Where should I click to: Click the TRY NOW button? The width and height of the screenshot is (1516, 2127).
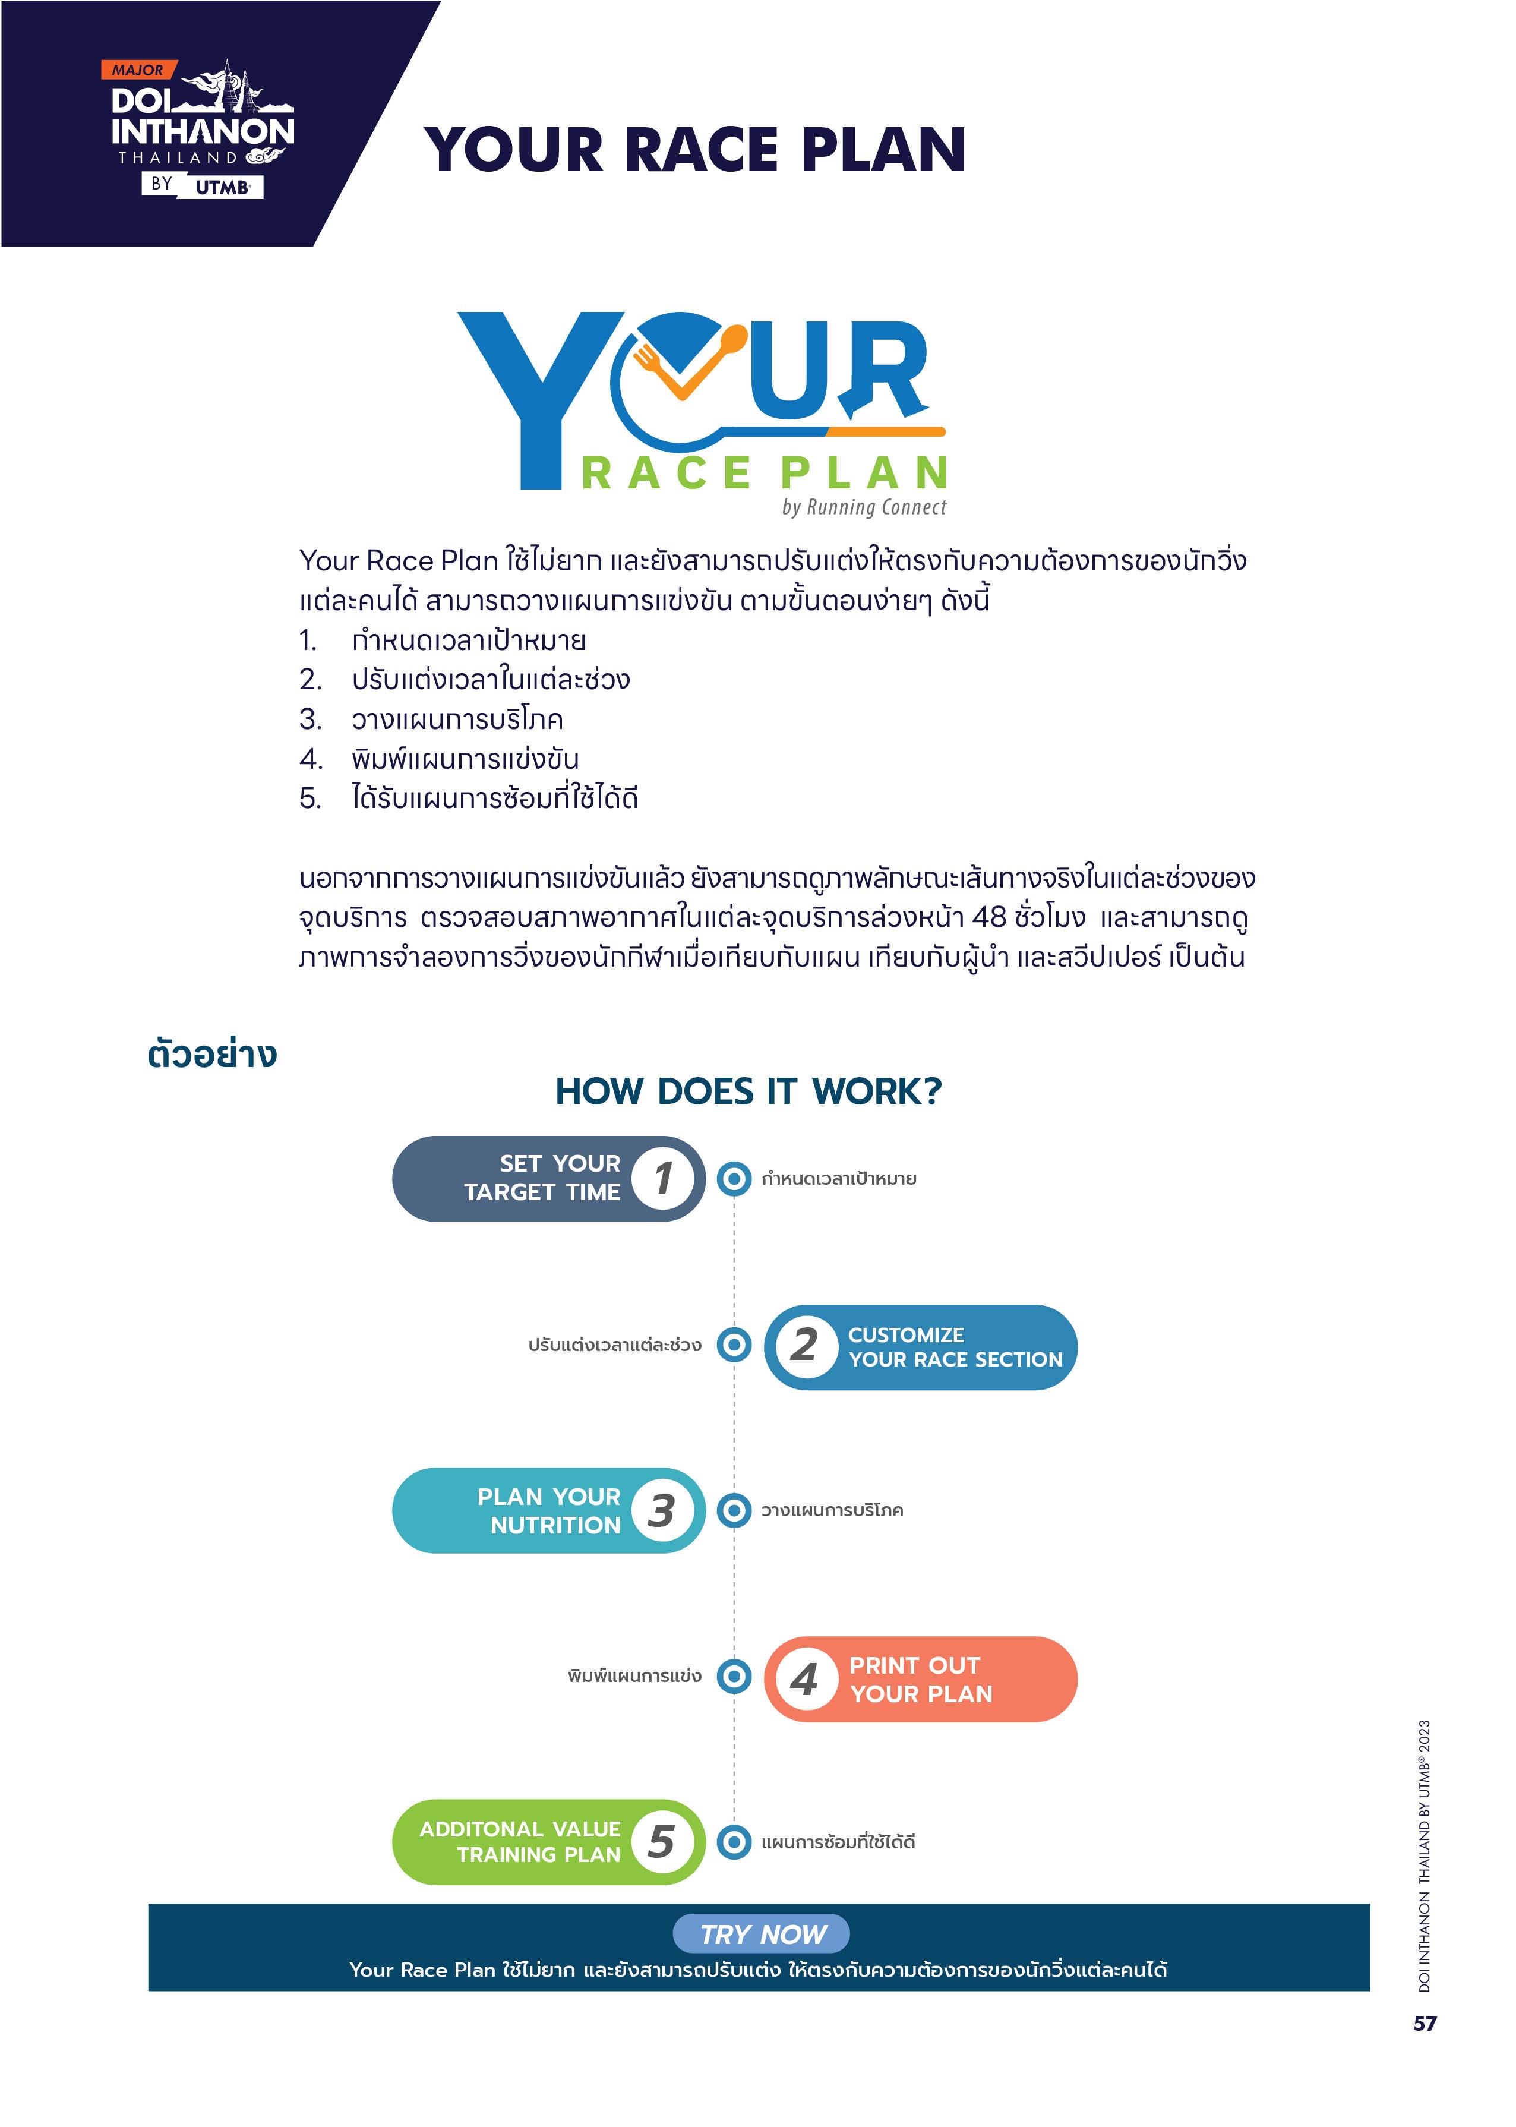click(761, 1934)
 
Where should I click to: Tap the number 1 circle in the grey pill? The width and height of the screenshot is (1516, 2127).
click(663, 1178)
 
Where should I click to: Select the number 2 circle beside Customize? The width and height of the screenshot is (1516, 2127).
click(804, 1346)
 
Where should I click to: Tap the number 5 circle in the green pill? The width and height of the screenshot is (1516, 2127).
click(662, 1842)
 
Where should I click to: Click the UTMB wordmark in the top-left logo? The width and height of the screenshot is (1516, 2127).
click(223, 187)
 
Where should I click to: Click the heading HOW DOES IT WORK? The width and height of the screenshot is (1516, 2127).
click(748, 1091)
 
